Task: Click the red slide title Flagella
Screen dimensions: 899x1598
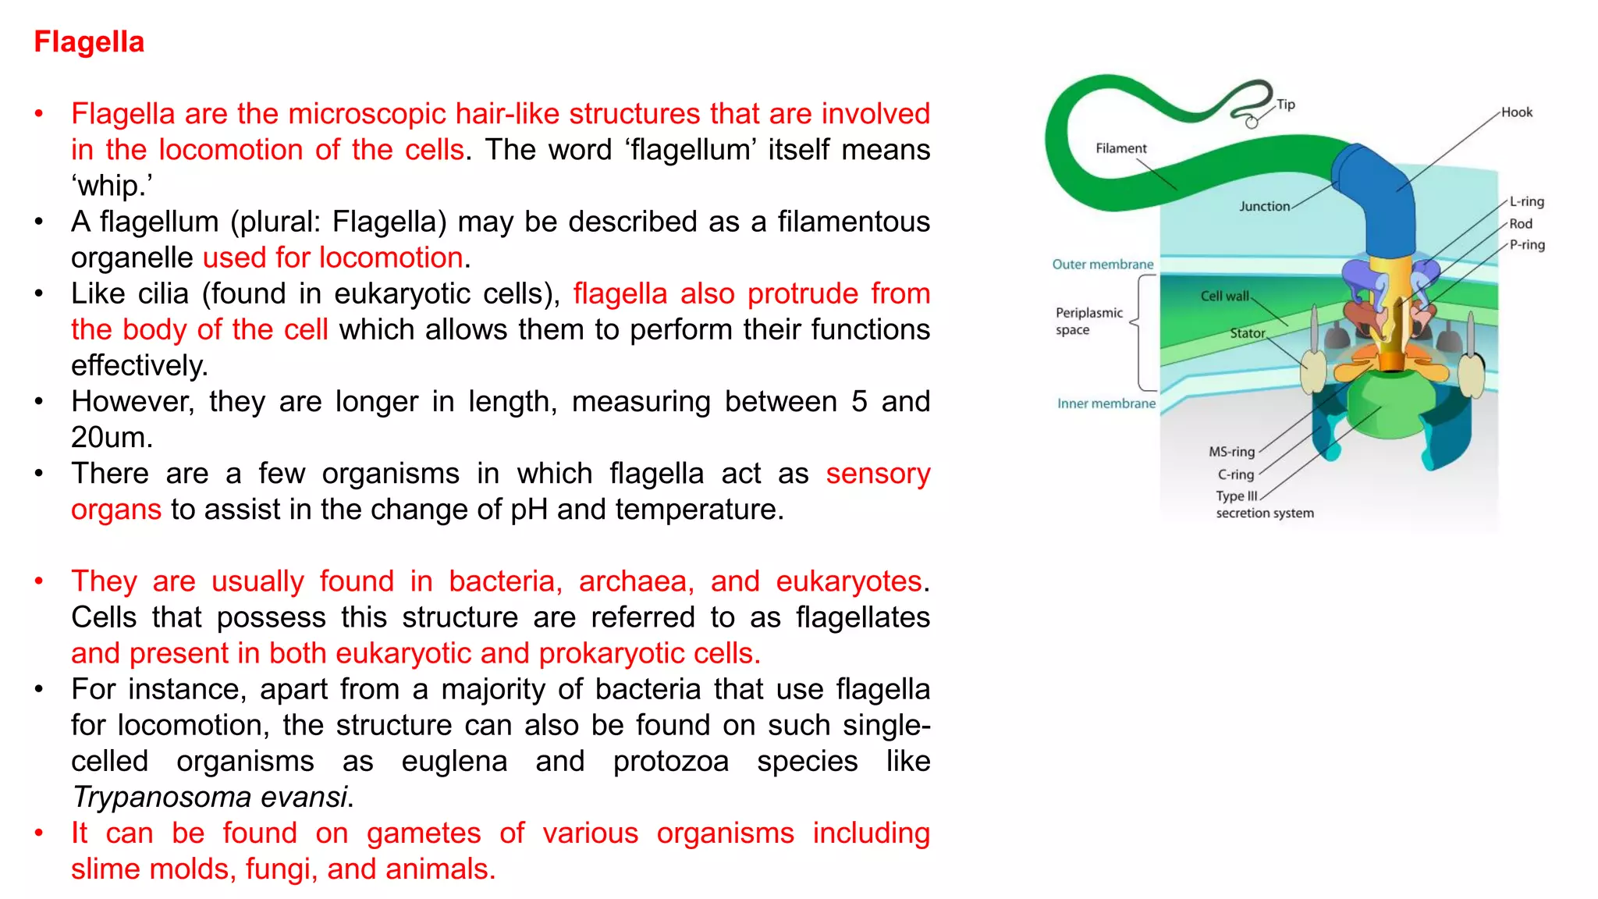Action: click(89, 42)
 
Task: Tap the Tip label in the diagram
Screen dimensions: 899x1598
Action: click(1285, 105)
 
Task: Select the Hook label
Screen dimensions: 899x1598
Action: click(1516, 112)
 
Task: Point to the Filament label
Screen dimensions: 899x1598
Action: click(1120, 148)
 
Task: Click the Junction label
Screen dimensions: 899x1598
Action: click(1264, 206)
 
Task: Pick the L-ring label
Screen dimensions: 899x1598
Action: click(1526, 201)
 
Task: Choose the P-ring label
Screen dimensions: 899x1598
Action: click(1526, 245)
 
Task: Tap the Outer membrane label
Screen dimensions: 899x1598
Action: click(1102, 265)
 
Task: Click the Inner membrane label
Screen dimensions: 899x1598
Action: click(1106, 403)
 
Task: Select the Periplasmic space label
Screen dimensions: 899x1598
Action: click(1088, 321)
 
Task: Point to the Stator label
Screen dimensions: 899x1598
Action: click(1247, 333)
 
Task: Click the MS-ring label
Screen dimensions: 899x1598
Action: click(1231, 452)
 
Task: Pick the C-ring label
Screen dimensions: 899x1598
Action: click(1235, 474)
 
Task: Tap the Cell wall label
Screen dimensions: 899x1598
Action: click(1224, 296)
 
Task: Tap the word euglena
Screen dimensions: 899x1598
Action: click(454, 762)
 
